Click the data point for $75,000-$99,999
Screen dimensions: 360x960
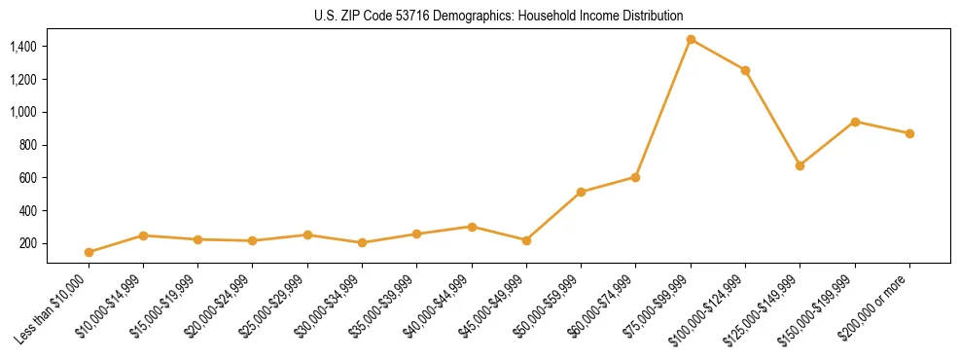[x=691, y=40]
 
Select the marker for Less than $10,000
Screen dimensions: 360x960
[x=89, y=252]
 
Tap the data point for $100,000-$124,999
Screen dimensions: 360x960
[x=745, y=70]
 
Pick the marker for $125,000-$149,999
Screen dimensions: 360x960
[x=800, y=165]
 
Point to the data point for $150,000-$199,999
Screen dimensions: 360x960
[x=855, y=122]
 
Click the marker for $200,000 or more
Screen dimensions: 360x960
[x=909, y=133]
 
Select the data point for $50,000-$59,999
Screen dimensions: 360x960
[x=581, y=192]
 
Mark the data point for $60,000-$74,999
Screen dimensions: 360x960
[x=635, y=177]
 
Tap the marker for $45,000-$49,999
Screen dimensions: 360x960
[x=526, y=240]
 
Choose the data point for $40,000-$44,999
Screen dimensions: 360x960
[x=472, y=227]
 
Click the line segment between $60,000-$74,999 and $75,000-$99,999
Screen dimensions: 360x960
[x=663, y=109]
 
